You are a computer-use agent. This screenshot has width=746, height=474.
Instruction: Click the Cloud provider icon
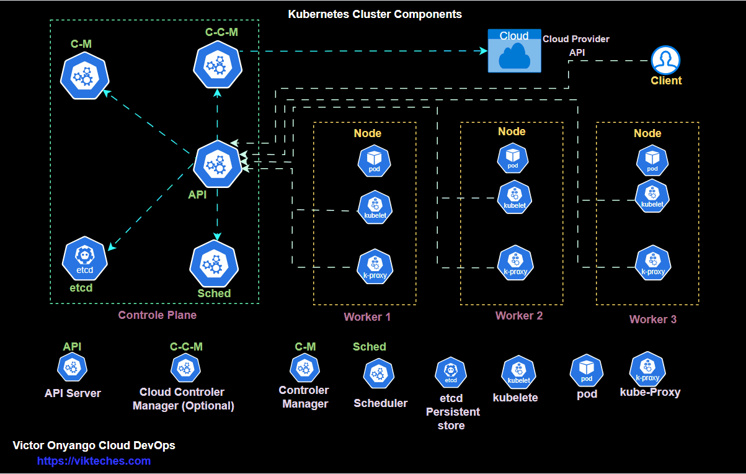click(513, 51)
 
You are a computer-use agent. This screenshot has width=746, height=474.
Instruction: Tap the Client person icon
click(665, 60)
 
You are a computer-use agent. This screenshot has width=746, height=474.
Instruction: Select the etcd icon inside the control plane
click(85, 259)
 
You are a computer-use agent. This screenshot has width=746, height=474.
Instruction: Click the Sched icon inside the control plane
click(214, 264)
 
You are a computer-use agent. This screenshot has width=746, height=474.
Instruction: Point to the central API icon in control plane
click(217, 164)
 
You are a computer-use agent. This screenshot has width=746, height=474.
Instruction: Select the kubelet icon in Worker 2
click(515, 197)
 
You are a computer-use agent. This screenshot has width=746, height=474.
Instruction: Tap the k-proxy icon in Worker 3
click(652, 263)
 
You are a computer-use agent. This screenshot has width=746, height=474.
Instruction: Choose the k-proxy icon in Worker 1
click(375, 266)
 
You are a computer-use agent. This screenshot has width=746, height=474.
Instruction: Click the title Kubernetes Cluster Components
click(375, 14)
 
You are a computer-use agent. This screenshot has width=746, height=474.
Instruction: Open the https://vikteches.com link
click(94, 461)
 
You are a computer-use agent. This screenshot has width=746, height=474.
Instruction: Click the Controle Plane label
click(158, 315)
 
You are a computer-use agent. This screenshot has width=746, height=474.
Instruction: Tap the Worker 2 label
click(519, 316)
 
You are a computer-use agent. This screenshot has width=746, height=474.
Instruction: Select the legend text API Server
click(73, 393)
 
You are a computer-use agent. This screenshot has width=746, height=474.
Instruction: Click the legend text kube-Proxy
click(650, 392)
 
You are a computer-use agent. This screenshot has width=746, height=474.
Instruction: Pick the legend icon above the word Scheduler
click(378, 373)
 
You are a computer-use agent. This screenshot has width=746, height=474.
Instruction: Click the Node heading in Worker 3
click(647, 133)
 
